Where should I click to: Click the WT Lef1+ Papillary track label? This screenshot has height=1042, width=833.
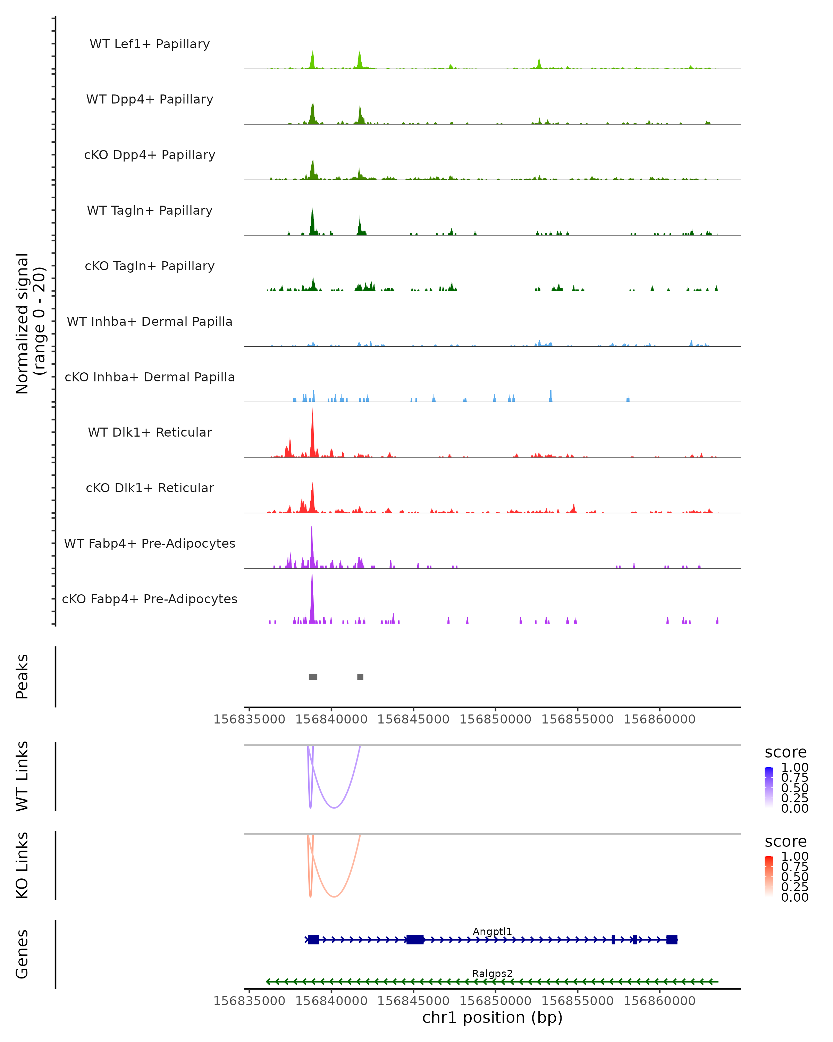point(150,44)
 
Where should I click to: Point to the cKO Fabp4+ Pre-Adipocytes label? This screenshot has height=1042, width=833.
point(150,599)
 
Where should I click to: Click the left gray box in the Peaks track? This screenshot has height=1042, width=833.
point(313,677)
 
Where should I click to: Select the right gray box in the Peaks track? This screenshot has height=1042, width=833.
point(360,677)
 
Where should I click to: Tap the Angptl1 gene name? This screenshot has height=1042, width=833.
point(492,931)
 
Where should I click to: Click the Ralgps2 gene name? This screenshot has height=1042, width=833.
point(492,973)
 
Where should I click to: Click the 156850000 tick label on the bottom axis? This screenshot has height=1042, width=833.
point(495,1001)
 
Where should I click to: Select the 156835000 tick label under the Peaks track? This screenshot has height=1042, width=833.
point(249,719)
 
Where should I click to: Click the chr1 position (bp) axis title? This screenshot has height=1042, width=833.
point(492,1018)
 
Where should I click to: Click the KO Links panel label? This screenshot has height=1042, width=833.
point(22,865)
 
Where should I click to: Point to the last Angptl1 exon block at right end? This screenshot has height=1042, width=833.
point(672,940)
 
